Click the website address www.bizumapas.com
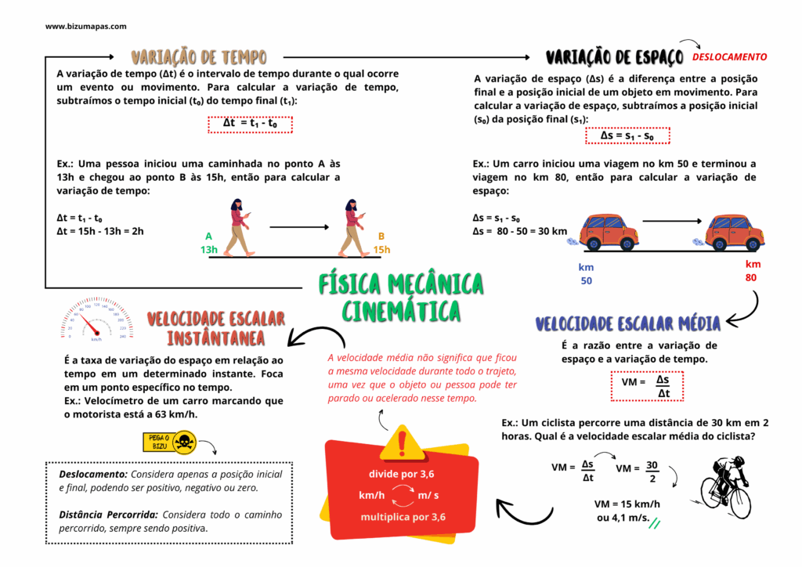coord(85,27)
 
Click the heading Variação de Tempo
coord(199,56)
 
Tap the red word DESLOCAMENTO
coord(729,56)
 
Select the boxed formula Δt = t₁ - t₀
coord(250,125)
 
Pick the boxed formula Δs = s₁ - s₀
coord(627,135)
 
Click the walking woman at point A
coord(240,228)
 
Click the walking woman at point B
coord(354,228)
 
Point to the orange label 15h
coord(381,250)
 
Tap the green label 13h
coord(208,250)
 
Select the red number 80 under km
coord(751,277)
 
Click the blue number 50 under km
coord(586,280)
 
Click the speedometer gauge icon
coord(96,318)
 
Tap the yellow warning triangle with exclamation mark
coord(403,443)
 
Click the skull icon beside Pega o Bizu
coord(185,442)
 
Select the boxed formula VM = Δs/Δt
coord(647,387)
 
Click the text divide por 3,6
coord(402,474)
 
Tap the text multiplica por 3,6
coord(403,517)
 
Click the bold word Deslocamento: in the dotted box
coord(93,475)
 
